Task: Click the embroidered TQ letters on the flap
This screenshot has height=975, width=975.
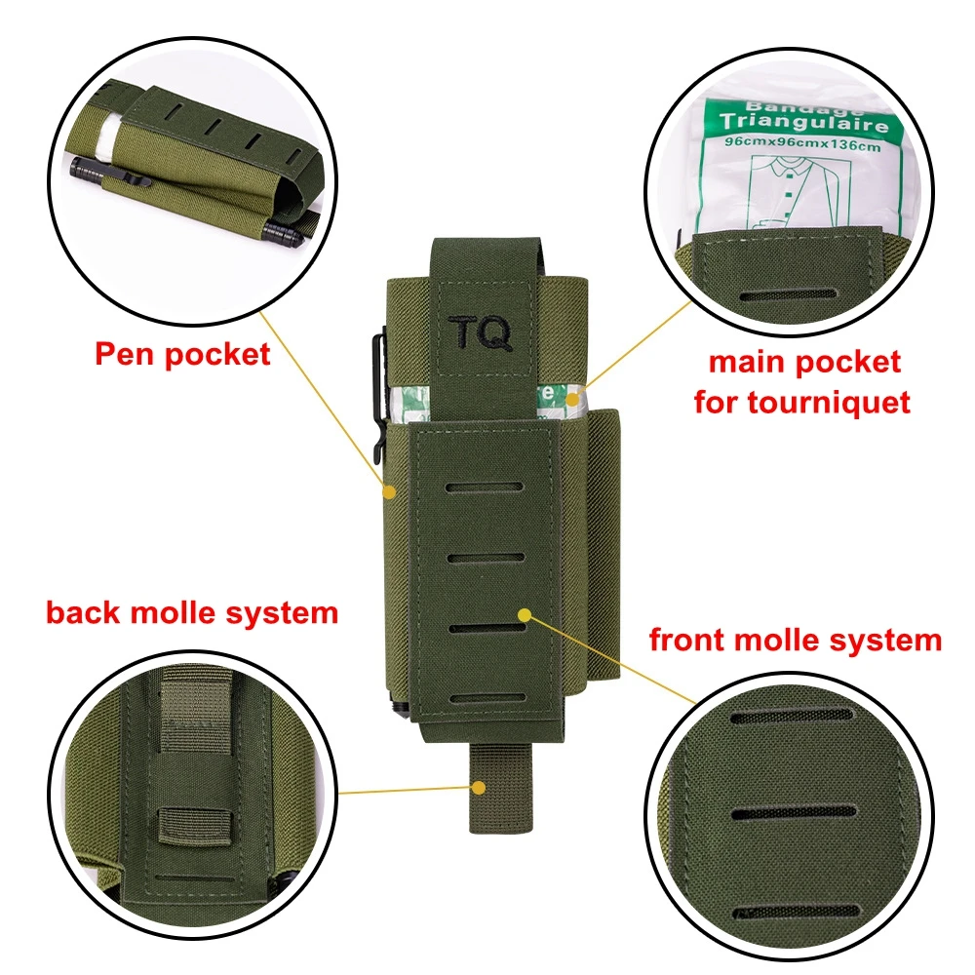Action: [x=481, y=332]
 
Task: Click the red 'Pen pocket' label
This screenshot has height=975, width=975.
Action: [x=183, y=355]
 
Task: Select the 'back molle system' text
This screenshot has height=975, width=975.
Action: [x=192, y=613]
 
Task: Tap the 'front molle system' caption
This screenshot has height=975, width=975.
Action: [x=796, y=640]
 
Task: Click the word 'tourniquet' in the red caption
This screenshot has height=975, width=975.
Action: [x=829, y=403]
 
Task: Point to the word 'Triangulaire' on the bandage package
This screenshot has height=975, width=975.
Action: [x=804, y=121]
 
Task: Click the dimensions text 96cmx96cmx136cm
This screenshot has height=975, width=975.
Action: [x=802, y=145]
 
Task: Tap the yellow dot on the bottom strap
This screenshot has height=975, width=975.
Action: [x=478, y=788]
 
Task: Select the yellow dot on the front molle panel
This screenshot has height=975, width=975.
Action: [x=525, y=615]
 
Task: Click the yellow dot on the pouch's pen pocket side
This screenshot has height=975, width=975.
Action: [x=389, y=492]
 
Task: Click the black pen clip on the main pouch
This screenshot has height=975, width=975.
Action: [x=378, y=398]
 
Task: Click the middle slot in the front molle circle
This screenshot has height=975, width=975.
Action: [x=793, y=812]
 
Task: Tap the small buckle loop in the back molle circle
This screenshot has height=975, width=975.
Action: [x=195, y=825]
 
